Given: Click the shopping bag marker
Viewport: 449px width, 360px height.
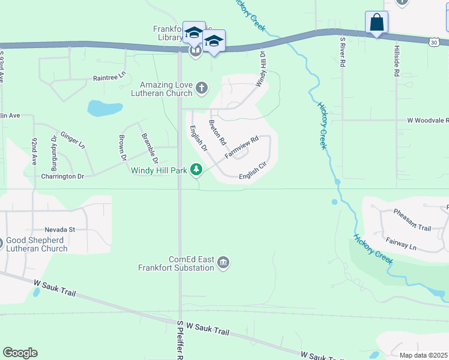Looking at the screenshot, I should coord(376,23).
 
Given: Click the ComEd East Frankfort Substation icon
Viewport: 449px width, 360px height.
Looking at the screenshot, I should coord(223,263).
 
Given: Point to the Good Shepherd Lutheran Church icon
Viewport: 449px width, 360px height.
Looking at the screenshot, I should coord(1,244).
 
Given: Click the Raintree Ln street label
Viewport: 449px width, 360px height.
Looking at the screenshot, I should coord(109,77).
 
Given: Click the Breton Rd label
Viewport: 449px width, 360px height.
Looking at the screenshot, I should coord(217,133).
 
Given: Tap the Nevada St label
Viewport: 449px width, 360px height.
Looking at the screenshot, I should coord(59,229).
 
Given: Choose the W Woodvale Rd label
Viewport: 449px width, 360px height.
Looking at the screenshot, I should coord(427,120).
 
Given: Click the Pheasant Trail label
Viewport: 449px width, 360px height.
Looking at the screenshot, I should coord(412,228).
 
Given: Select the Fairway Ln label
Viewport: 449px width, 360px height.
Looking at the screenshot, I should coord(401,246).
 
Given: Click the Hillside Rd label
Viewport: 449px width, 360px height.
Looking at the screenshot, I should coord(397,61).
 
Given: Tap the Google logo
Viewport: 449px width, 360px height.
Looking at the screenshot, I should coord(20,353).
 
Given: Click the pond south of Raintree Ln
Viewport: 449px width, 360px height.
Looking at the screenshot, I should coord(105,108).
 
